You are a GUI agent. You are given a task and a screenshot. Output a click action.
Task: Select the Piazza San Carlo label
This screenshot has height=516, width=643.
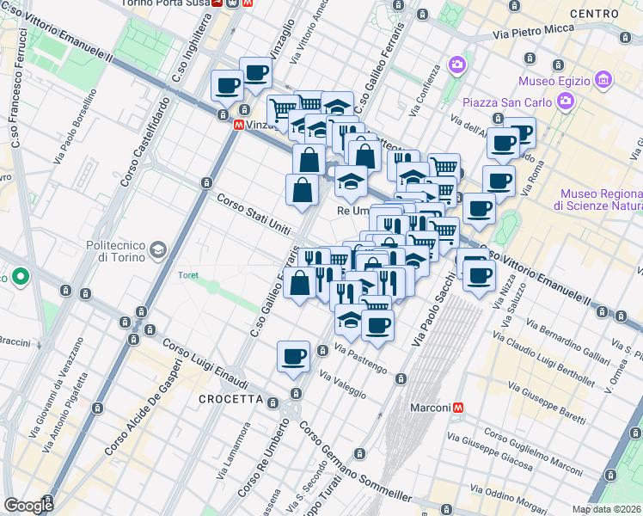(x=505, y=103)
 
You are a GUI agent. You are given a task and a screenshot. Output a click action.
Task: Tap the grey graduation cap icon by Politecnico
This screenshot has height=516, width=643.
(x=158, y=250)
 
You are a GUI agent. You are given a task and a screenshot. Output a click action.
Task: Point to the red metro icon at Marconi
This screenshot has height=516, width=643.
(x=460, y=408)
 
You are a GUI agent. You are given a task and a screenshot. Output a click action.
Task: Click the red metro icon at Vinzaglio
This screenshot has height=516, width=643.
(x=238, y=125)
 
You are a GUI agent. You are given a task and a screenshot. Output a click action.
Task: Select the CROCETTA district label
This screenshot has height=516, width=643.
(x=230, y=399)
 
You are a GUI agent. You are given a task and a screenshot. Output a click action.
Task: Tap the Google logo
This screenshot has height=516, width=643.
(x=28, y=506)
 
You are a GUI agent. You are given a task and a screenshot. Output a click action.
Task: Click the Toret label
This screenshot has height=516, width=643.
(x=187, y=275)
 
